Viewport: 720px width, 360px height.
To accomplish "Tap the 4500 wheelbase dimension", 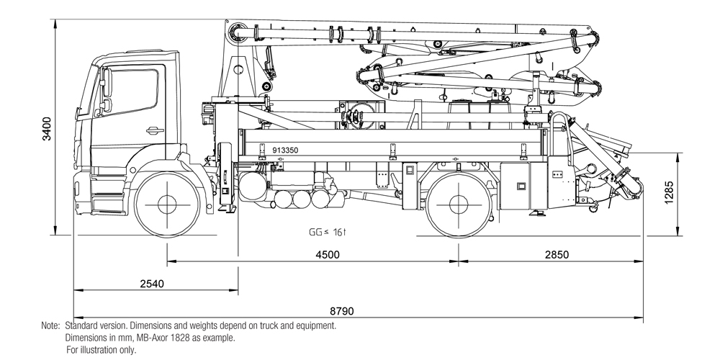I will coord(328,254).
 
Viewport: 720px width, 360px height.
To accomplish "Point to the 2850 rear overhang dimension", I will coord(557,254).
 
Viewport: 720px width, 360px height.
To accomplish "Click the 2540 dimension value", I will coord(151,284).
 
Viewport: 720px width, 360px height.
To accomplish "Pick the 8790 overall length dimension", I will coord(341,312).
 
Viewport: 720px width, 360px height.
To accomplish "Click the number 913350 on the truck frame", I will coord(285,150).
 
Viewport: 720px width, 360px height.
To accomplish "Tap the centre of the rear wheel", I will coord(459,204).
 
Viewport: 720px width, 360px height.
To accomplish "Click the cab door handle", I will coord(154,130).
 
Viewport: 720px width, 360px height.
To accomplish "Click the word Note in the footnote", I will coord(50,326).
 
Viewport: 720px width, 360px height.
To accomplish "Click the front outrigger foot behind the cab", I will coord(228,210).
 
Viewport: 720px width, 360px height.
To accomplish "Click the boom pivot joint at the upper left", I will coord(238,33).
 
